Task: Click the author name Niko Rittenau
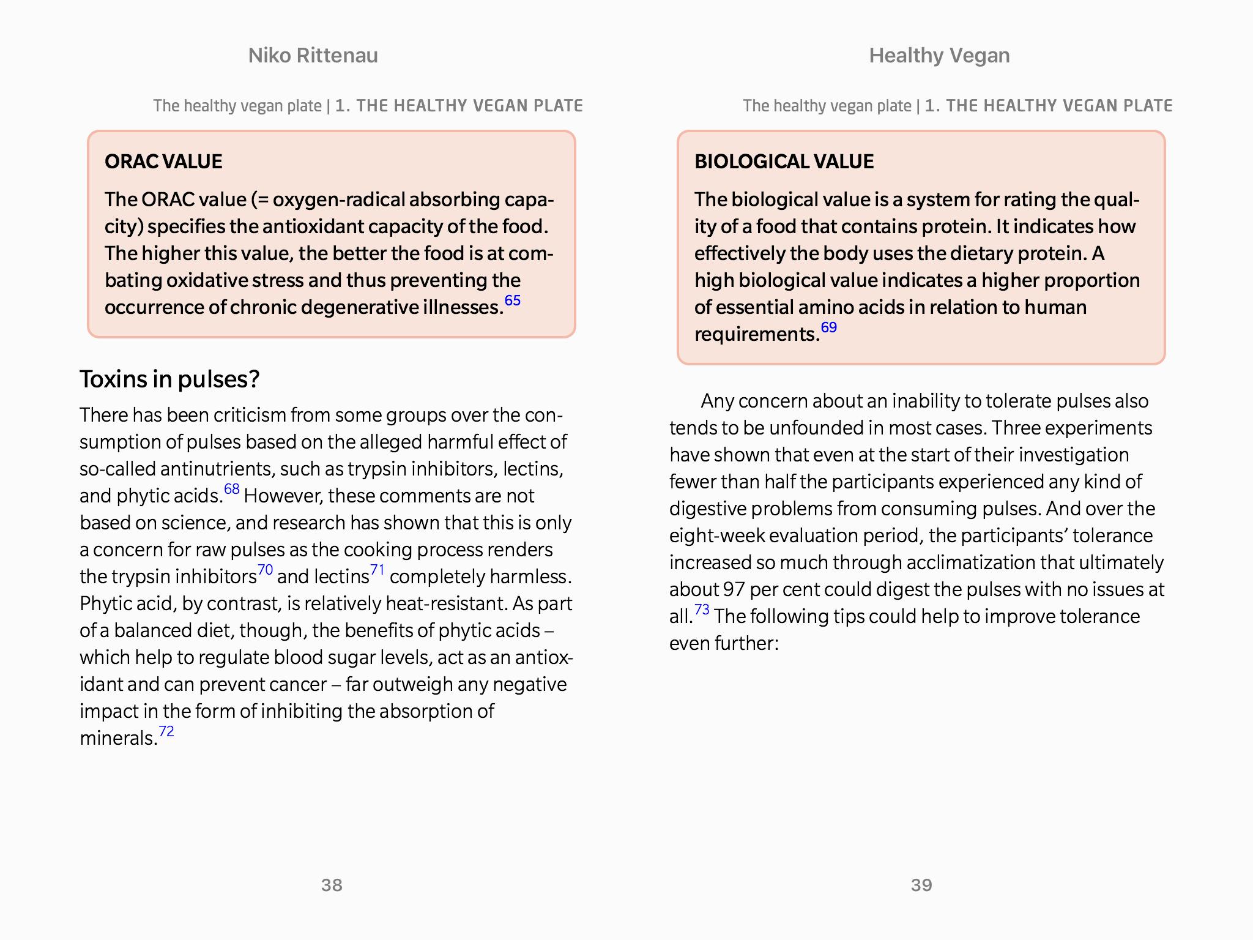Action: [x=313, y=56]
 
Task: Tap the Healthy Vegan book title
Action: [x=939, y=56]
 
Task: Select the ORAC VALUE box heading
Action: [x=163, y=162]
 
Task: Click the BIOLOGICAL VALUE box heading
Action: [x=784, y=162]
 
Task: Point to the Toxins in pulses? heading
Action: [x=169, y=379]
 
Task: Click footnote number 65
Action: [x=513, y=300]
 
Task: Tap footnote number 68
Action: [x=232, y=489]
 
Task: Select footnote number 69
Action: [x=829, y=327]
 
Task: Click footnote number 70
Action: [x=265, y=570]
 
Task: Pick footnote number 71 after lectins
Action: [x=377, y=570]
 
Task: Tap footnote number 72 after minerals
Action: [x=166, y=731]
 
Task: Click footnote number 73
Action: [x=702, y=610]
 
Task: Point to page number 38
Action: [x=332, y=885]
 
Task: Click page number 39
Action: [x=921, y=885]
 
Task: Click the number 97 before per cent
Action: [x=733, y=589]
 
